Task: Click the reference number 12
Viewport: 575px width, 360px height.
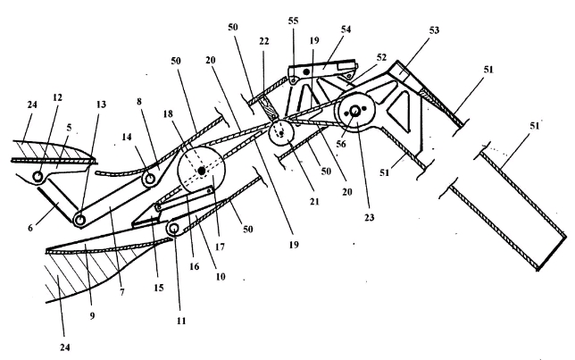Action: pos(57,97)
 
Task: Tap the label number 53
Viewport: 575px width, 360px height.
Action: pos(434,30)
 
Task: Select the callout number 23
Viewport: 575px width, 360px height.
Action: pos(369,218)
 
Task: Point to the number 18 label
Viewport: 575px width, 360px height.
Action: pos(168,114)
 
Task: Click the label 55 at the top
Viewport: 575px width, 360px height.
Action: pos(294,21)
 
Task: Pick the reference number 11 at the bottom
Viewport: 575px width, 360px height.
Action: pos(181,321)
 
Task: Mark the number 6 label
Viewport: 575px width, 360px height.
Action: pos(30,228)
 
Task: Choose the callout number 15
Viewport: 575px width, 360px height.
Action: pos(158,288)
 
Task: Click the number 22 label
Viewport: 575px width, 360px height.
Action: pos(264,41)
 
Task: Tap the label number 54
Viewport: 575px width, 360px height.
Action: pos(346,29)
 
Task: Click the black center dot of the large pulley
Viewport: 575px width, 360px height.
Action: pos(201,171)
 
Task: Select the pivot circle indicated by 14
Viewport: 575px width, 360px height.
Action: pos(150,180)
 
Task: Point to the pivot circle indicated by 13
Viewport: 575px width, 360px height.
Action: pos(79,220)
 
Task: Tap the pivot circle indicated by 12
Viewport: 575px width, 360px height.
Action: pos(37,177)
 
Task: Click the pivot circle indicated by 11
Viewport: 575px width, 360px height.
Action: pos(173,229)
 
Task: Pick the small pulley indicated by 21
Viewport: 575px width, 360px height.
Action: pos(281,134)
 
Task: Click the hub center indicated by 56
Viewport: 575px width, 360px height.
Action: pos(354,111)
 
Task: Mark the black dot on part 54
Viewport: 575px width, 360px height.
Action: pos(306,72)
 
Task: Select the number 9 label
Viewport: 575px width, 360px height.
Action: pos(92,315)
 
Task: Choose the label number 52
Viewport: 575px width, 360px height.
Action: pos(381,57)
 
